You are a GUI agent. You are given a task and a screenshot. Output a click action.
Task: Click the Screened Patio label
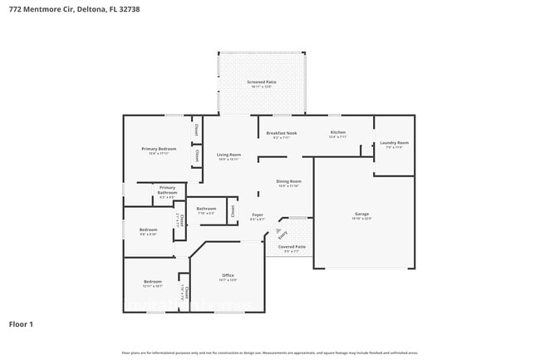coord(262,82)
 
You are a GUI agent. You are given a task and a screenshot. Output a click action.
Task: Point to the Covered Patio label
coord(292,247)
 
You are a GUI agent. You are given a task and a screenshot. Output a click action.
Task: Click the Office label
coord(228,275)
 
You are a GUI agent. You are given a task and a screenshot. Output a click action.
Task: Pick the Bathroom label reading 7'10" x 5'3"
coord(206,209)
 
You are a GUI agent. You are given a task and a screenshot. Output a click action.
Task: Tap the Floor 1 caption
coord(21,323)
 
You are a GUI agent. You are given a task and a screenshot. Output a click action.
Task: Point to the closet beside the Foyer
coord(233,211)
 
